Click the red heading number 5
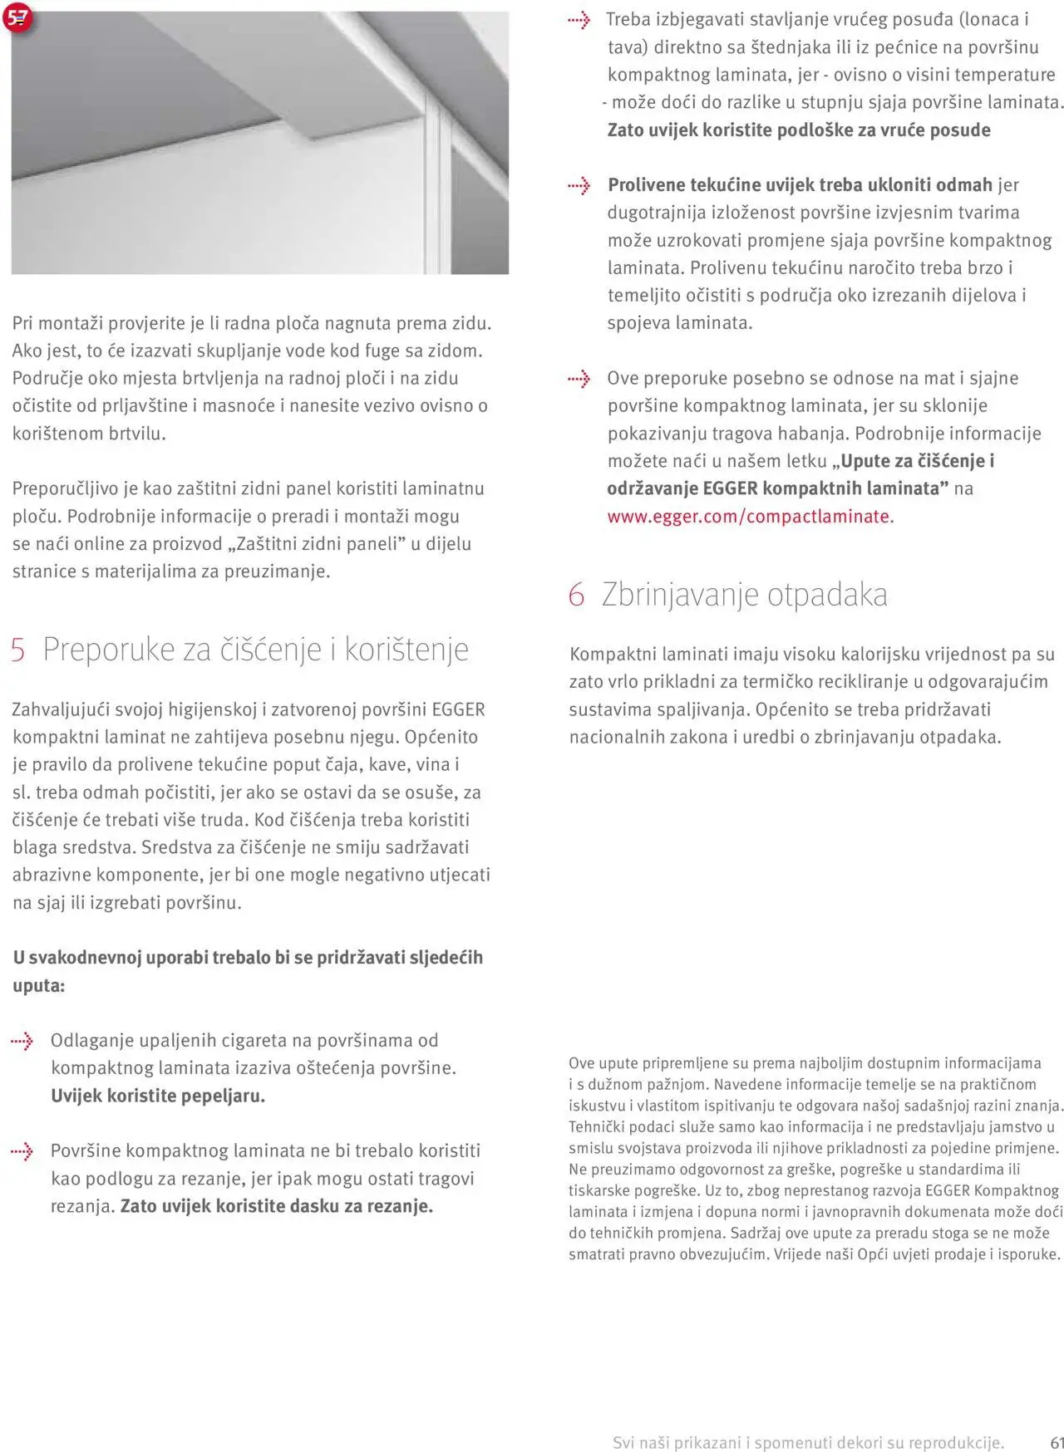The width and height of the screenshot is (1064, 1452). pos(18,650)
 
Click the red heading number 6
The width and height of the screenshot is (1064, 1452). pos(576,596)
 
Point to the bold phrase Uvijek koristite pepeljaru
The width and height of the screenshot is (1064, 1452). pos(158,1096)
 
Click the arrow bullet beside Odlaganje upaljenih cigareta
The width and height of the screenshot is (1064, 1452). pos(22,1041)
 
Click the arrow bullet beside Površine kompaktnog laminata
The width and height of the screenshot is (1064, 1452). pos(22,1151)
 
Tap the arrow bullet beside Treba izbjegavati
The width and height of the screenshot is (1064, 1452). pos(579,21)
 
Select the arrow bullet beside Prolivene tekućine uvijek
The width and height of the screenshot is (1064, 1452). pos(579,186)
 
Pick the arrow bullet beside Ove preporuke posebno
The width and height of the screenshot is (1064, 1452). pos(579,380)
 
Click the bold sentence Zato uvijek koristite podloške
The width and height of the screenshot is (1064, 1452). pos(798,130)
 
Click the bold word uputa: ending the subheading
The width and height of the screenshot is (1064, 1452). pos(38,986)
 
